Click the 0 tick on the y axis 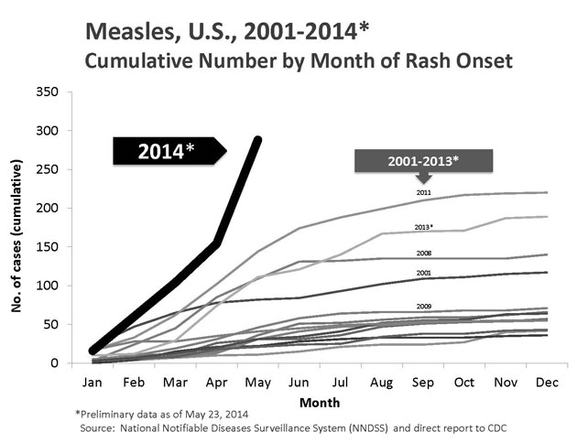57,363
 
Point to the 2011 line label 424,192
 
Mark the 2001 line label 424,272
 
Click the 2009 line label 424,306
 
